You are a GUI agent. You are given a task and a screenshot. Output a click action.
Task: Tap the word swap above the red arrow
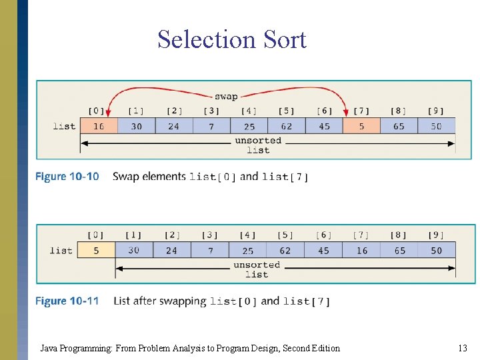226,96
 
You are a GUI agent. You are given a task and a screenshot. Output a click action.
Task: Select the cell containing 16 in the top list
98,126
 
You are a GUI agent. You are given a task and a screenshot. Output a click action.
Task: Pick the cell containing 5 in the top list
361,126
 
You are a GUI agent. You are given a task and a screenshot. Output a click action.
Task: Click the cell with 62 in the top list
286,126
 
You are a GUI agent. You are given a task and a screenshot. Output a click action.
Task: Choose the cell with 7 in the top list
211,126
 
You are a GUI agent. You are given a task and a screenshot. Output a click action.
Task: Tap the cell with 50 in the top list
436,126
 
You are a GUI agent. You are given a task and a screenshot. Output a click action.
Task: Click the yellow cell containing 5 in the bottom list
96,251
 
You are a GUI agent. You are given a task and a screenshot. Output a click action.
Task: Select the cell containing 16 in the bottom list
361,251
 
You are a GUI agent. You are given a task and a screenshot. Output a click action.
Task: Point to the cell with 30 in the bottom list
134,251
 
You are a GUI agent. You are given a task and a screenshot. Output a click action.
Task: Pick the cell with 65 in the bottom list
399,251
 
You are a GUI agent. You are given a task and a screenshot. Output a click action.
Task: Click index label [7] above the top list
361,111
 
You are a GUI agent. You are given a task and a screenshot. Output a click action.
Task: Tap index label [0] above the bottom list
96,235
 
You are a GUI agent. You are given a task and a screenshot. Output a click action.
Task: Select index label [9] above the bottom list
436,235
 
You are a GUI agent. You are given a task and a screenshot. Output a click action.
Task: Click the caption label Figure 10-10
67,177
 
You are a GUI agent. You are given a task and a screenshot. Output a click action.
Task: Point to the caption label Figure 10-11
67,301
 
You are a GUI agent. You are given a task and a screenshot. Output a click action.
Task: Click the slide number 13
463,348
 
